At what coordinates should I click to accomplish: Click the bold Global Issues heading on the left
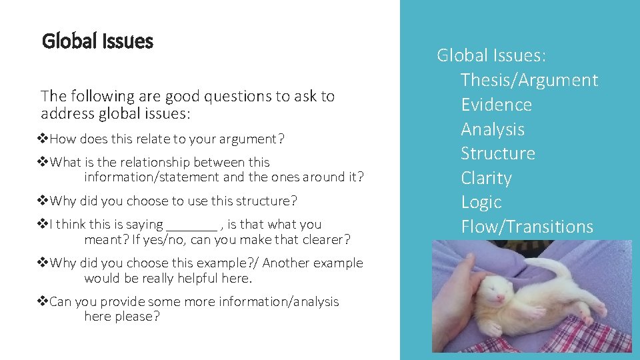tap(97, 41)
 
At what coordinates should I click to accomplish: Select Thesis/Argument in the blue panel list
tap(529, 80)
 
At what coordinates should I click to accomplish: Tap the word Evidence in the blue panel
tap(496, 105)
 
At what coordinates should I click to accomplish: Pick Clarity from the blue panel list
tap(486, 178)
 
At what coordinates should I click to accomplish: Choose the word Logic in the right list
tap(481, 202)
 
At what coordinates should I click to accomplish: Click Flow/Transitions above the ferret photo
tap(527, 227)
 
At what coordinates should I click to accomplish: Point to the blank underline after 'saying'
tap(191, 225)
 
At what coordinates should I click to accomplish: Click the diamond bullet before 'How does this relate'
tap(43, 139)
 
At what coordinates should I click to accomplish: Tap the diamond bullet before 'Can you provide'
tap(43, 302)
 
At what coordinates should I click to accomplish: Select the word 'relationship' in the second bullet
tap(155, 162)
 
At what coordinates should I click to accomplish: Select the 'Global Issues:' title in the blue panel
tap(491, 55)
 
